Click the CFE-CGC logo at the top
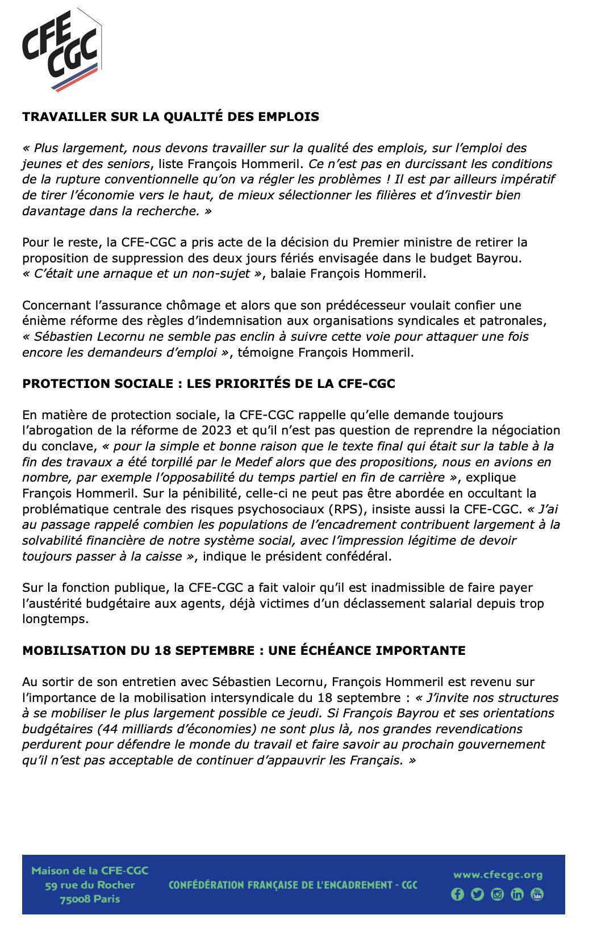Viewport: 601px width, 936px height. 61,50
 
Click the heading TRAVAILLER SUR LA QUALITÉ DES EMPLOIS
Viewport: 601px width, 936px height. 170,117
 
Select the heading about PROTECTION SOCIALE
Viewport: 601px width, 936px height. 208,384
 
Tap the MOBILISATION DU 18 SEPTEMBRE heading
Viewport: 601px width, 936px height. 244,651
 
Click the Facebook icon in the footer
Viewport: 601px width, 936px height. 457,895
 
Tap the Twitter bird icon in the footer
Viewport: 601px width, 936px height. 477,895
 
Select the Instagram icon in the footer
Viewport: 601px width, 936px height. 497,895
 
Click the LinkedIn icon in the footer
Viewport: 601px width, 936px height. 517,895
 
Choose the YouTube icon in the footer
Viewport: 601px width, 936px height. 537,895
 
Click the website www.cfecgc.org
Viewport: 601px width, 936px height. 498,875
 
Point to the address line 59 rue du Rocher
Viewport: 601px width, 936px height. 90,885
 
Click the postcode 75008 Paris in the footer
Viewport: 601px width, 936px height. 90,899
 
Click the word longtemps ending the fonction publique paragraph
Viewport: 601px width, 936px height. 56,619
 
